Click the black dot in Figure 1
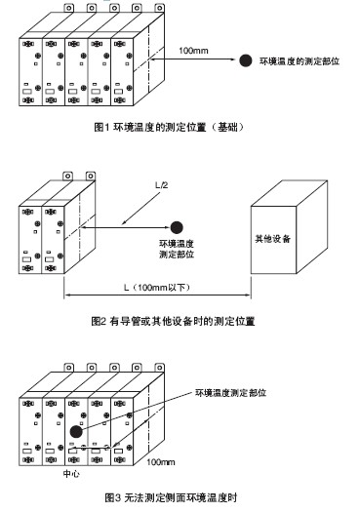[245, 60]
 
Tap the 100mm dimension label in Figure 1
[193, 51]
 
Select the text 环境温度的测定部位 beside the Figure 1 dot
[300, 61]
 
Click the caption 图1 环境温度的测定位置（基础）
[169, 127]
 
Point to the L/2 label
[161, 185]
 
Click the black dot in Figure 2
[177, 227]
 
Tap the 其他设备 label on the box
[273, 239]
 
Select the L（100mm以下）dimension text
[157, 288]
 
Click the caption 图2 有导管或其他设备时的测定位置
[173, 321]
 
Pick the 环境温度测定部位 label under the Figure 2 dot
[177, 249]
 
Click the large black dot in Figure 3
[76, 432]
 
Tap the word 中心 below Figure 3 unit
[71, 474]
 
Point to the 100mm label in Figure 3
[160, 462]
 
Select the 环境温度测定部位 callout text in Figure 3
[230, 392]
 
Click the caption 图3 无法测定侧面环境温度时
[171, 498]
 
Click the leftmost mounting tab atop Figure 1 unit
[68, 8]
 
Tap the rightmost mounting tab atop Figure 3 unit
[159, 368]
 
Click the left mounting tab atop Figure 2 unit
[67, 177]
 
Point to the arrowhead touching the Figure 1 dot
[232, 59]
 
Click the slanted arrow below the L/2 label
[140, 208]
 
